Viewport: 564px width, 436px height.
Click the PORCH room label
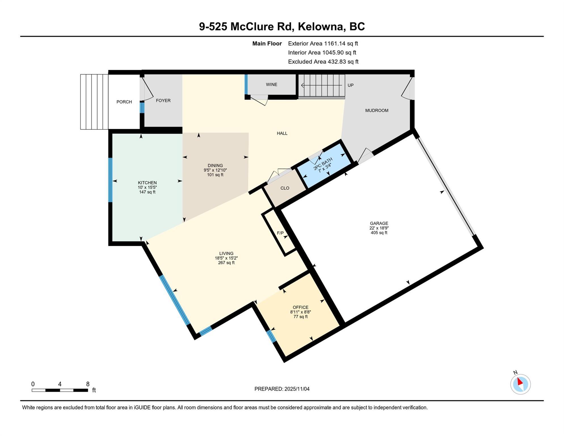coord(124,102)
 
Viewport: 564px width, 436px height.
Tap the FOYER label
coord(163,100)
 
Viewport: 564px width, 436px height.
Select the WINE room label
coord(272,85)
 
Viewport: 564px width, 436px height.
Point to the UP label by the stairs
coord(351,85)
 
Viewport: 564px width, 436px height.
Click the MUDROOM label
coord(377,110)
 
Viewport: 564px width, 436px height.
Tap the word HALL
coord(282,133)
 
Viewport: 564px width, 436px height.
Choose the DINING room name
coord(215,165)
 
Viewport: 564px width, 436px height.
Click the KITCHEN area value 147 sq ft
coord(147,192)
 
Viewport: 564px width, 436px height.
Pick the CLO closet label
coord(285,188)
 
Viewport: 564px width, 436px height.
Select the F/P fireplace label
coord(280,233)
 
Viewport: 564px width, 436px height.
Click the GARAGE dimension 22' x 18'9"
coord(379,228)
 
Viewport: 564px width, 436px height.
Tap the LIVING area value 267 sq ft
coord(226,263)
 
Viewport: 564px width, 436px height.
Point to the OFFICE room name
coord(301,307)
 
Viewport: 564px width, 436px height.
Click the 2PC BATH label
coord(323,164)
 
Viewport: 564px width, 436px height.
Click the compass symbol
coord(521,384)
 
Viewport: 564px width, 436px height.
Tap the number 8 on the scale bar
coord(88,384)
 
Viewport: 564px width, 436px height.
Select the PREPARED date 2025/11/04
coord(297,389)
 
